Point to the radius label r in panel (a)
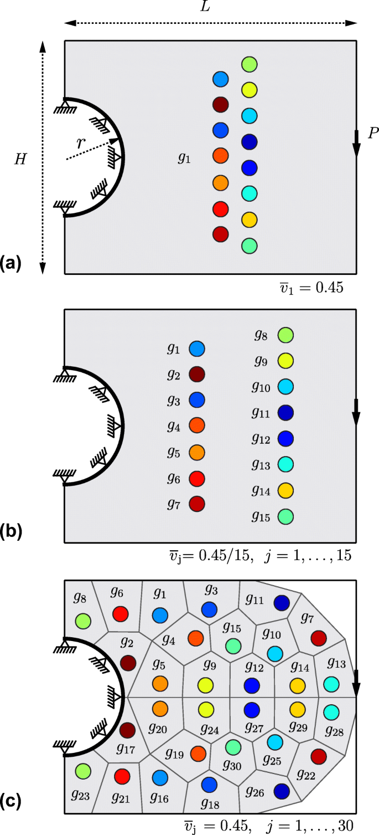pos(81,143)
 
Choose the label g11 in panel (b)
pos(261,413)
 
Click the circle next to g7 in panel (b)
pos(197,503)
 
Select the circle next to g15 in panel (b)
pos(285,516)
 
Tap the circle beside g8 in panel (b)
pos(285,335)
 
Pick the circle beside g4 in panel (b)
pos(197,426)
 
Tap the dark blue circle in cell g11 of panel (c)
pos(282,602)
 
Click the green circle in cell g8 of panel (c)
pos(83,619)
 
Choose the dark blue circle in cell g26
pos(282,790)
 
